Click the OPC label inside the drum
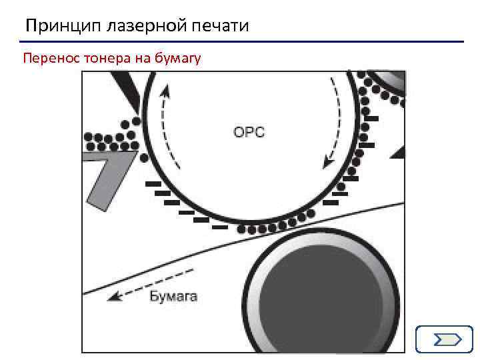249,132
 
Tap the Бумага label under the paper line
173,296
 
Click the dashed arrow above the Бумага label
151,285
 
